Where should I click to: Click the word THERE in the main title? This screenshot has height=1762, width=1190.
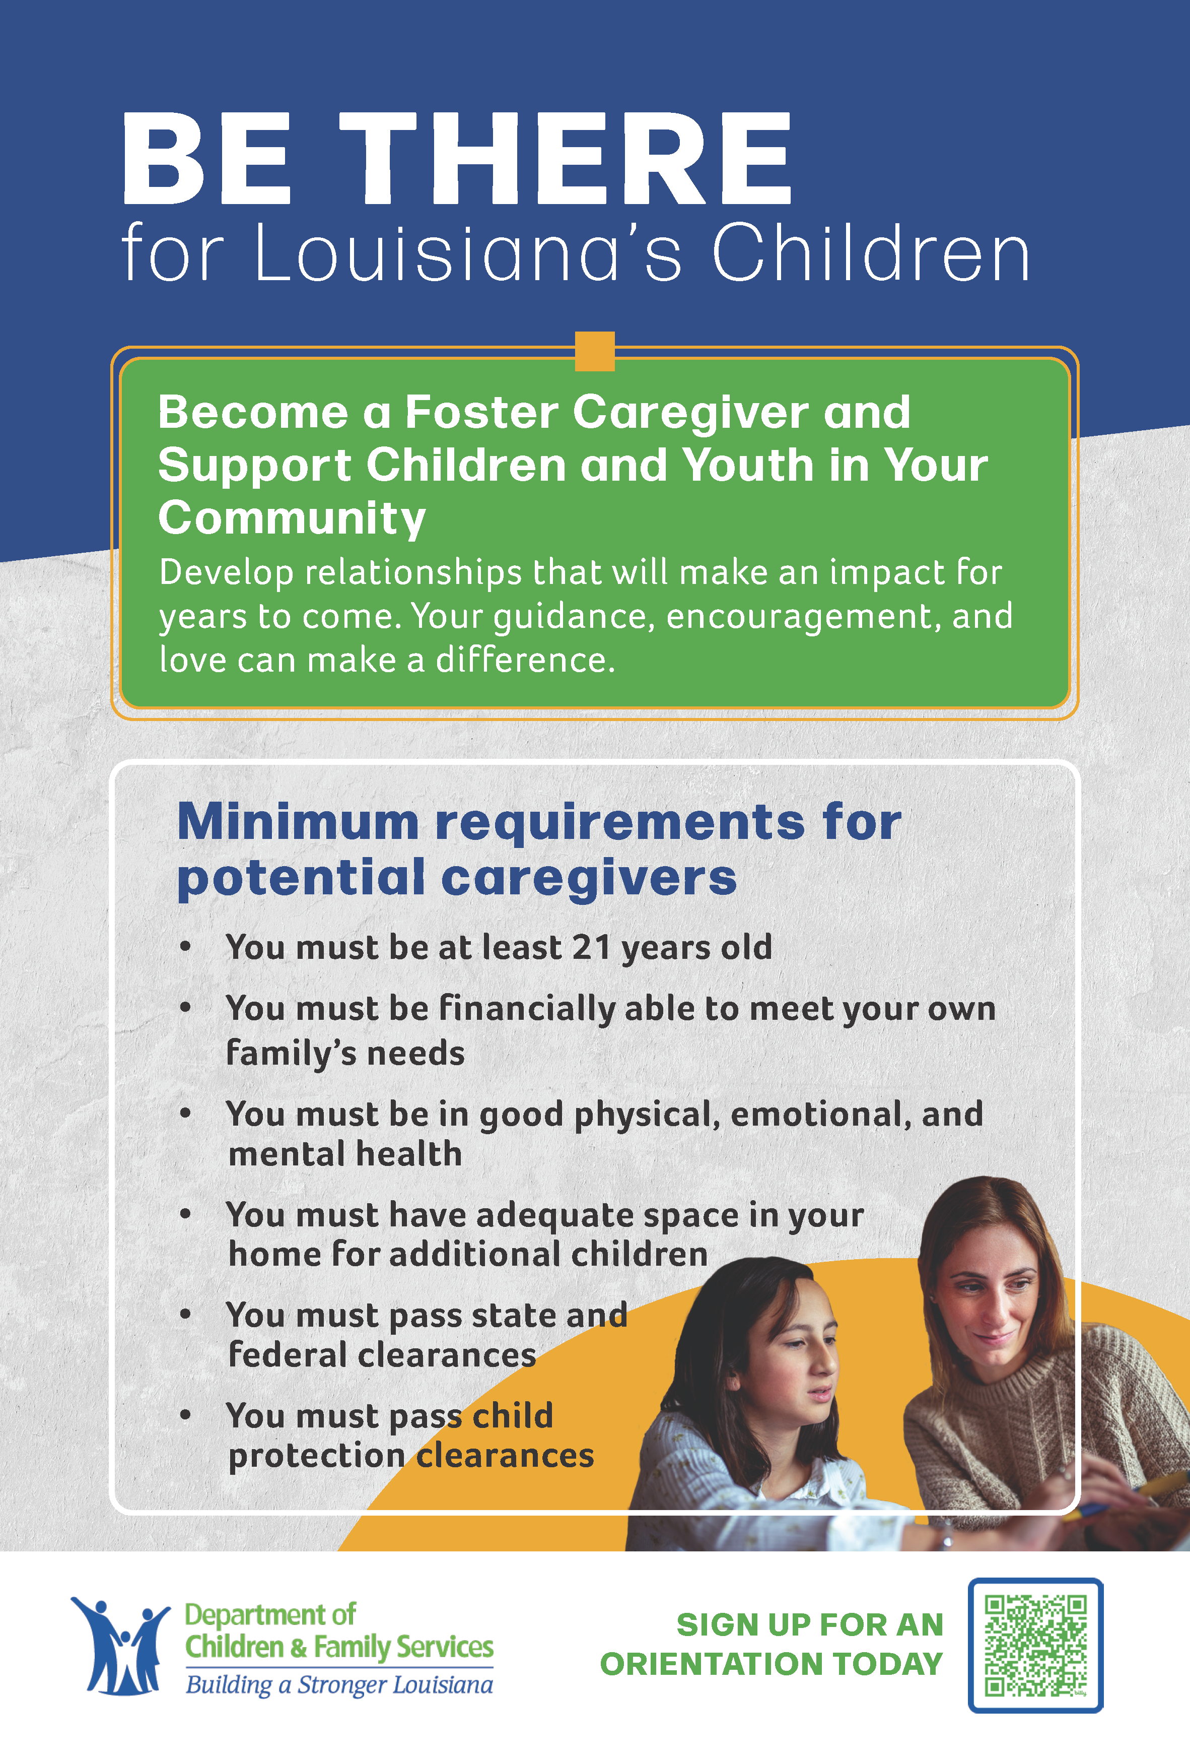point(566,159)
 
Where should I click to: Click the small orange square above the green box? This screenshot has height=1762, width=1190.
point(595,351)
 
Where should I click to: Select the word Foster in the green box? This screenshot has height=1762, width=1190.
point(482,413)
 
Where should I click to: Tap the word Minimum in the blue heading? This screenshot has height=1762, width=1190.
point(298,822)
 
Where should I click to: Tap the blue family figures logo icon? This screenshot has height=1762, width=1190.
point(120,1645)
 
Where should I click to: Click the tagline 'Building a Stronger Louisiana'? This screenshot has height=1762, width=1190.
point(339,1685)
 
